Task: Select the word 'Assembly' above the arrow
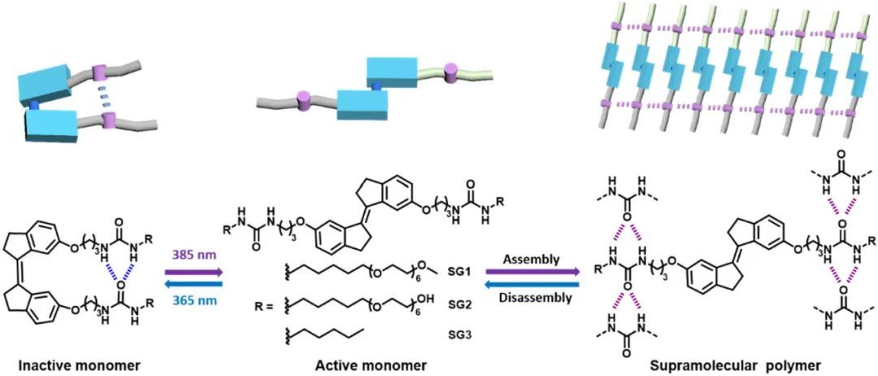(532, 259)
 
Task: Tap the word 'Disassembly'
(532, 297)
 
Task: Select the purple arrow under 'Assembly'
(532, 272)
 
